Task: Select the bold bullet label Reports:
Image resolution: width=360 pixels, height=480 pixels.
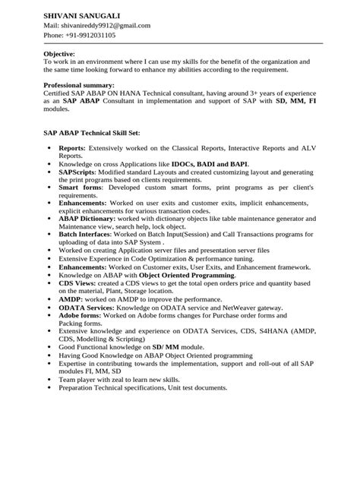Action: pos(72,147)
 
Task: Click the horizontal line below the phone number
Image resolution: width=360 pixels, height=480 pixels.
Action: pos(180,43)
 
